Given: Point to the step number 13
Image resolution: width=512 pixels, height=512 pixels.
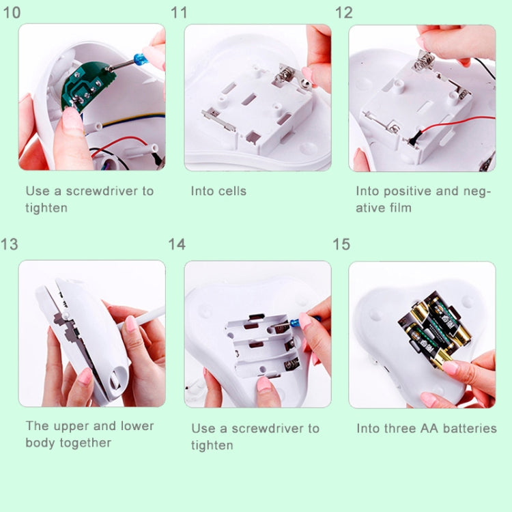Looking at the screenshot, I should [x=10, y=244].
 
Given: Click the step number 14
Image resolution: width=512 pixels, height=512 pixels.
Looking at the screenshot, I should [x=177, y=244].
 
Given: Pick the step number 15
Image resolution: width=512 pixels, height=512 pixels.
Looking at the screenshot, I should [x=342, y=244].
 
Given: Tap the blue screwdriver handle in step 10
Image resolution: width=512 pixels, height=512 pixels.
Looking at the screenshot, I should [x=141, y=59].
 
